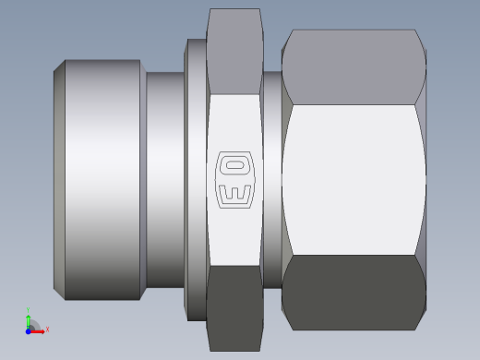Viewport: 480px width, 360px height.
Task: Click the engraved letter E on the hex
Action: click(x=234, y=192)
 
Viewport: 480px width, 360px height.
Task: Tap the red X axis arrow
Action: click(x=40, y=329)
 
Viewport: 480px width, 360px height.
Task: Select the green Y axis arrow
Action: click(x=29, y=318)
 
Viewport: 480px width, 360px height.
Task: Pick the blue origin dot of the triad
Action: click(x=29, y=330)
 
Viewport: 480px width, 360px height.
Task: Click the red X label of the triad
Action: click(x=47, y=329)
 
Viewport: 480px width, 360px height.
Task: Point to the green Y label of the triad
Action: click(x=29, y=310)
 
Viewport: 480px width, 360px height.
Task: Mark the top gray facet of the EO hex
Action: click(x=234, y=51)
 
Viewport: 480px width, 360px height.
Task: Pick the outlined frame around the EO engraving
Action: click(x=221, y=180)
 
